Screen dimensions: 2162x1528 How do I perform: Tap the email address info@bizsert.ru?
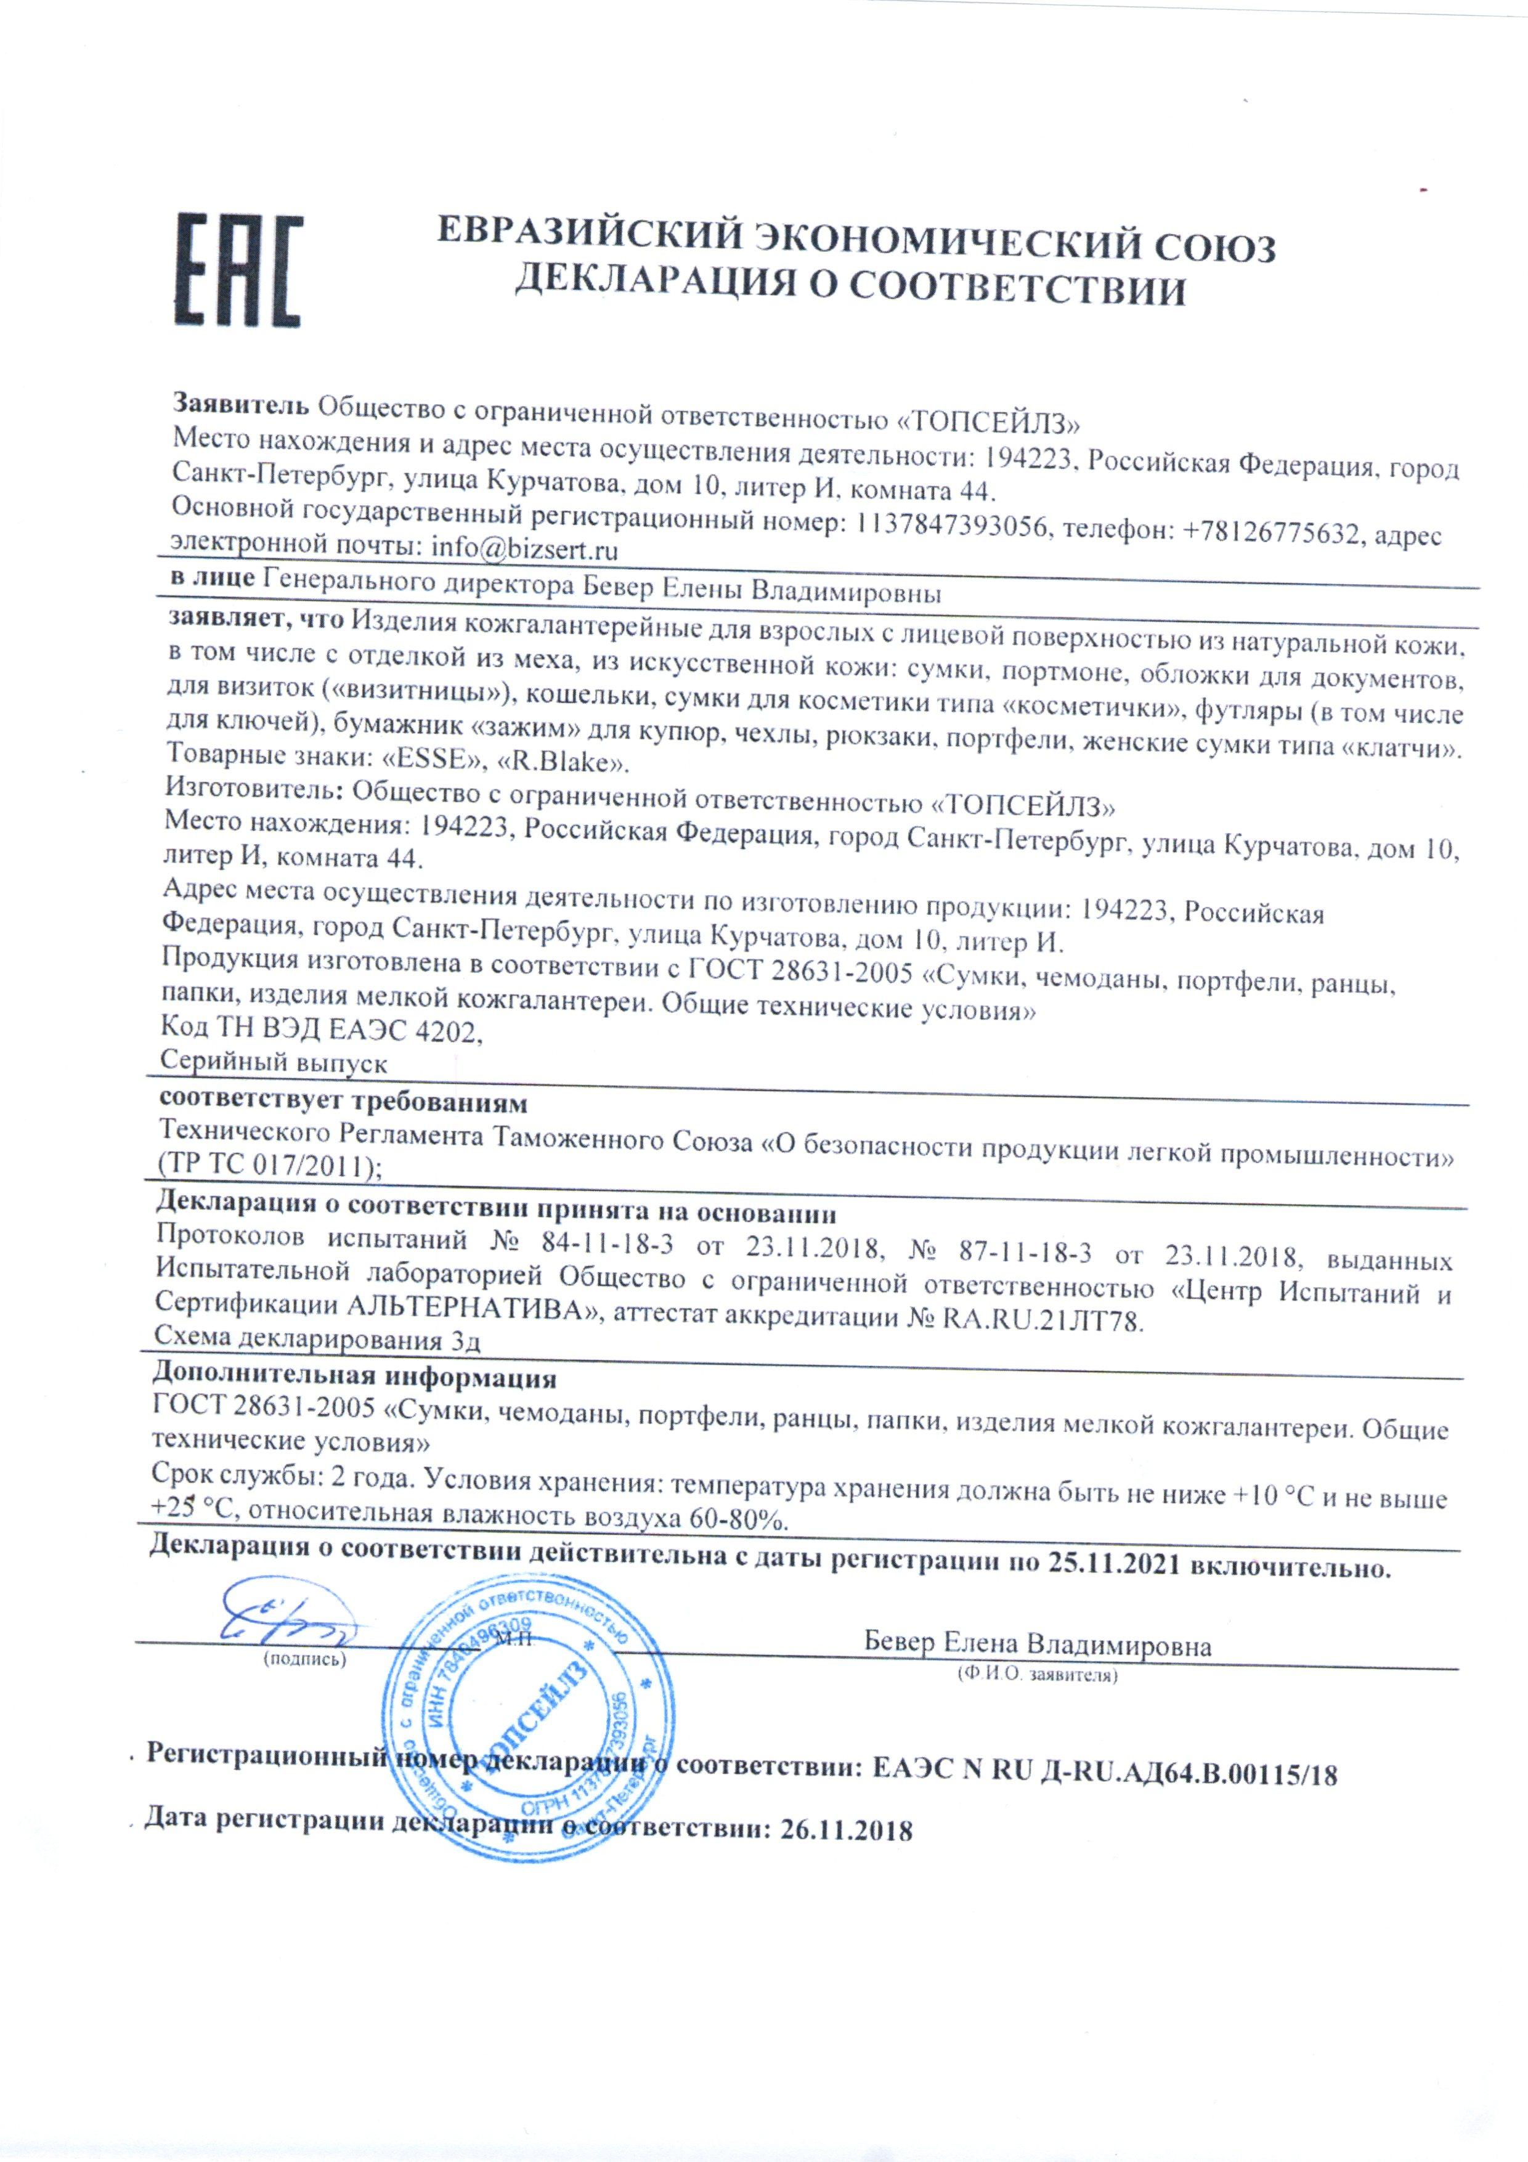[x=524, y=547]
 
